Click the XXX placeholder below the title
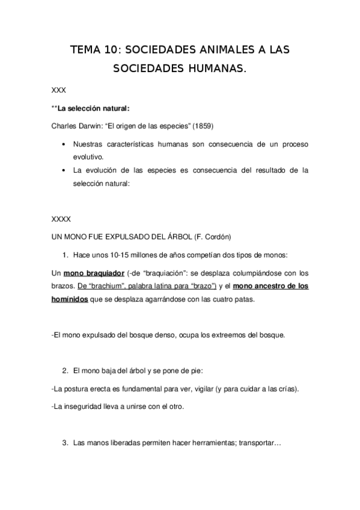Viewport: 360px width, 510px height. pyautogui.click(x=59, y=90)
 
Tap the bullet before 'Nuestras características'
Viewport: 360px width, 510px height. pyautogui.click(x=64, y=145)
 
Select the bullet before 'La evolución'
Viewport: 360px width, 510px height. pyautogui.click(x=64, y=170)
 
